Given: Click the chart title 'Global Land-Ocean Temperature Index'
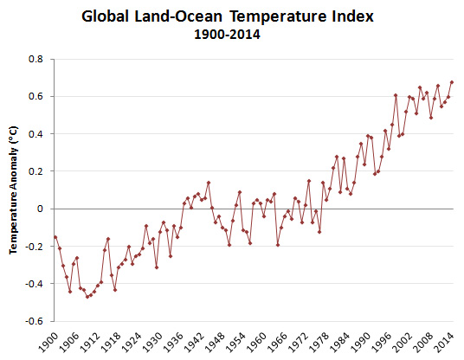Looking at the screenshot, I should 232,16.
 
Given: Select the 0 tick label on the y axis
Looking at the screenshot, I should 40,209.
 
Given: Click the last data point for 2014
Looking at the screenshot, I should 452,82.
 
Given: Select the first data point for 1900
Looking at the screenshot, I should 55,236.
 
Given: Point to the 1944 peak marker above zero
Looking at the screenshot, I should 209,183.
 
